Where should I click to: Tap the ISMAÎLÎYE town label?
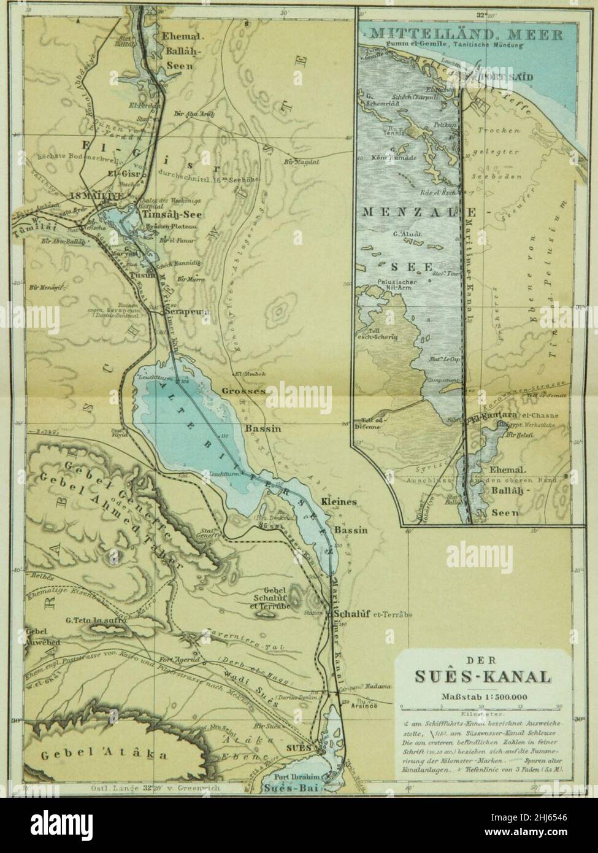pos(97,195)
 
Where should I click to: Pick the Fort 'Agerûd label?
pos(184,671)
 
